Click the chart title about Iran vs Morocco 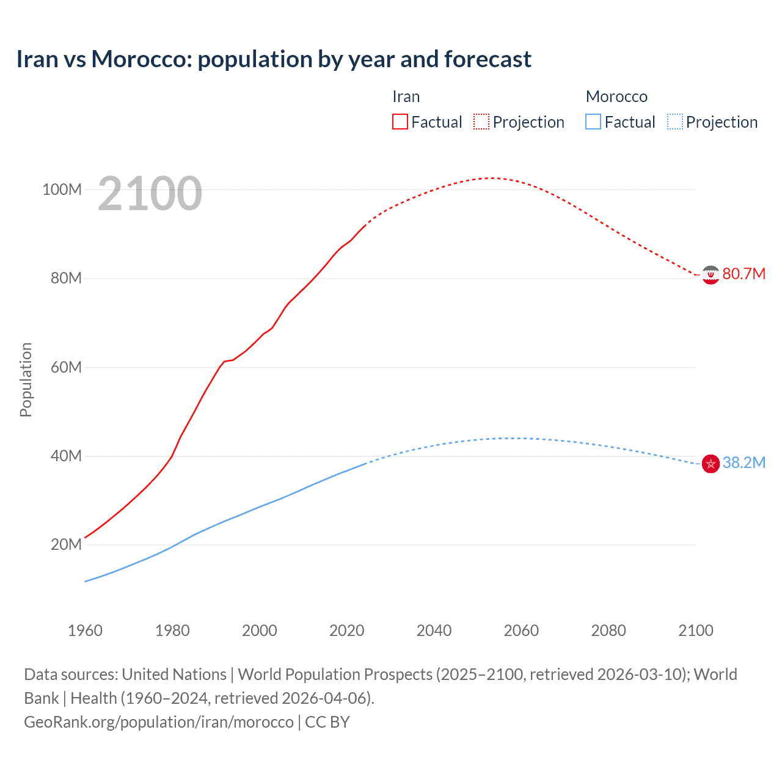(274, 59)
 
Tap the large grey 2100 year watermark (150, 194)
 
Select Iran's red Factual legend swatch (400, 122)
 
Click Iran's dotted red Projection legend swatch (481, 122)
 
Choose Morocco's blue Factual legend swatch (593, 122)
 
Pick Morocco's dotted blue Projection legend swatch (674, 122)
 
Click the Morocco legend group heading (616, 97)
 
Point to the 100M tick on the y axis (62, 189)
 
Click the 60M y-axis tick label (65, 367)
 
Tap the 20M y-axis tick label (65, 544)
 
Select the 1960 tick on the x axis (85, 630)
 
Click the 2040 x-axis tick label (434, 630)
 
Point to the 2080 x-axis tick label (608, 630)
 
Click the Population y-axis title (26, 379)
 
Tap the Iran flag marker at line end (710, 275)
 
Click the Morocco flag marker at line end (710, 464)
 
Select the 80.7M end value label (744, 274)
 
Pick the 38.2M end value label (744, 462)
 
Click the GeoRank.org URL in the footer (159, 722)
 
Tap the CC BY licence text (327, 722)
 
